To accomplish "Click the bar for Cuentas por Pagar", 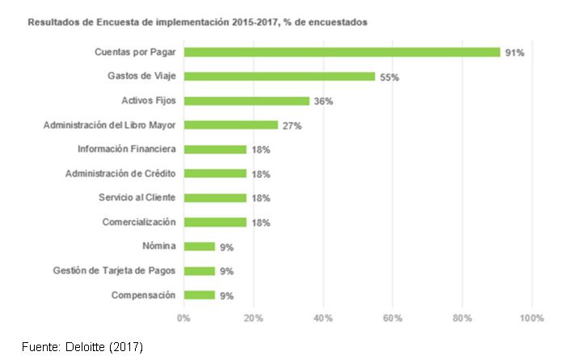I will [x=342, y=53].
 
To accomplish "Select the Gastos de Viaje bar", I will [x=279, y=77].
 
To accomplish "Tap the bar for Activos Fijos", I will [x=247, y=101].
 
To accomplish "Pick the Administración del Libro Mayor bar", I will [x=230, y=125].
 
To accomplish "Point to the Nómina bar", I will [x=199, y=247].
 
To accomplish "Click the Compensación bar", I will [x=199, y=295].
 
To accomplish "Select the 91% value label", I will [x=515, y=53].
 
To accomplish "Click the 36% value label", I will [x=323, y=101].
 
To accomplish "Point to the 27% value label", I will [x=292, y=125].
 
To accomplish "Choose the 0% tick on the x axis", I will [x=183, y=318].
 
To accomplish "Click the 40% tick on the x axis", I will [x=323, y=318].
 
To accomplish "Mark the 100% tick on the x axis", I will [x=532, y=318].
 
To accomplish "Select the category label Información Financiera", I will [x=127, y=149].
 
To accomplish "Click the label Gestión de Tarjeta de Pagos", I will [x=114, y=270].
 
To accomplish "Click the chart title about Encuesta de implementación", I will [x=198, y=23].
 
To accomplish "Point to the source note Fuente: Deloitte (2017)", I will [x=82, y=346].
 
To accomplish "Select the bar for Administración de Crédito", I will [x=215, y=174].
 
